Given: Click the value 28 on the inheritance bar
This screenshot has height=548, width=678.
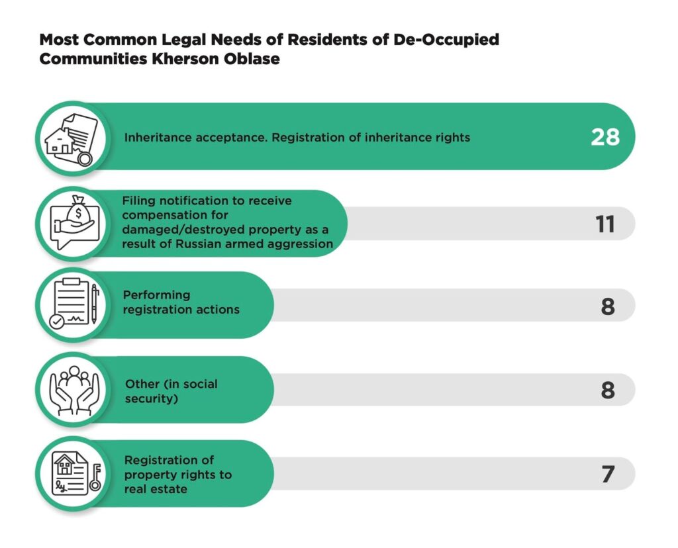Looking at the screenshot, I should coord(605,137).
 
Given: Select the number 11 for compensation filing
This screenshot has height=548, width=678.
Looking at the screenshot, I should coord(605,224).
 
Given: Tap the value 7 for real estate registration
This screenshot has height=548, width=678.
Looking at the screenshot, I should coord(608,475).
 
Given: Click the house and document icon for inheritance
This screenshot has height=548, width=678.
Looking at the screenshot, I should coord(69,137).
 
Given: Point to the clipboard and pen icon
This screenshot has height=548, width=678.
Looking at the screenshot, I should coord(69,305).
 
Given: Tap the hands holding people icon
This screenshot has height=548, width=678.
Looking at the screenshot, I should coord(69,390).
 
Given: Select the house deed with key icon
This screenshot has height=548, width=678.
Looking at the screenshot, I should coord(69,474).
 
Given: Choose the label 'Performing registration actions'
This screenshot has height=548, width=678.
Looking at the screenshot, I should coord(181,302).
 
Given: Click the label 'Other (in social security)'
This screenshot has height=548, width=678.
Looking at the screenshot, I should coord(171,392).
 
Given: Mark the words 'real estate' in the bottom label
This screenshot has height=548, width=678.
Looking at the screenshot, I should coord(156,489).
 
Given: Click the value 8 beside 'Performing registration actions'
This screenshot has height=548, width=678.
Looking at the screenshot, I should coord(608,306).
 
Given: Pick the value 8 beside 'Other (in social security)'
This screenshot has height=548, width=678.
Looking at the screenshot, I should coord(608,390).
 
